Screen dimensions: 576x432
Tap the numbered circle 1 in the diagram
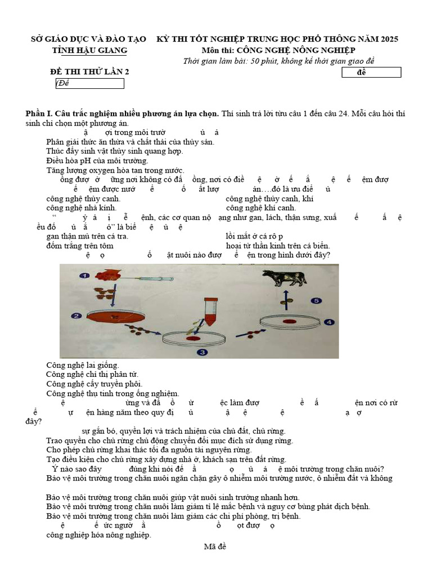coord(84,276)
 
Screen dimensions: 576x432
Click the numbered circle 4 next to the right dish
coord(328,322)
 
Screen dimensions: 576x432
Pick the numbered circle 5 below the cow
coord(317,301)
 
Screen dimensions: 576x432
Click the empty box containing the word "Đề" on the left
coord(89,84)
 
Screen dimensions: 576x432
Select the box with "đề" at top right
coord(371,73)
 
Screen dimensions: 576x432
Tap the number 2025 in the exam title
coord(389,39)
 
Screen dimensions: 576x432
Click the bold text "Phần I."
coord(41,114)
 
